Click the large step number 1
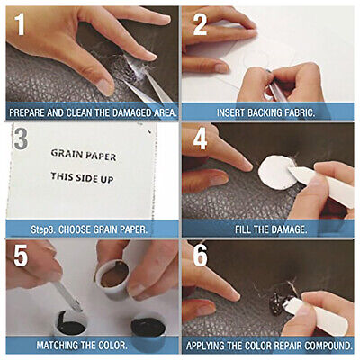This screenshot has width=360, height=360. (x=20, y=24)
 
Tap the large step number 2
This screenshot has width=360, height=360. (x=200, y=24)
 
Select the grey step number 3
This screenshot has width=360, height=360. (x=21, y=138)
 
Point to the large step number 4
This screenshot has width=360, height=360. (x=200, y=139)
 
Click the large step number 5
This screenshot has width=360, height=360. (x=21, y=256)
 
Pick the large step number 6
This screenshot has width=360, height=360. (x=200, y=256)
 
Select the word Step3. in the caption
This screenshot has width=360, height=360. (x=43, y=229)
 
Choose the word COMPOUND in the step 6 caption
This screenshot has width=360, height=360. (x=328, y=346)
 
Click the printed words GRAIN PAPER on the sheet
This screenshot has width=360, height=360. (x=84, y=155)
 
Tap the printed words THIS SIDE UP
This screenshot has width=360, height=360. (x=82, y=177)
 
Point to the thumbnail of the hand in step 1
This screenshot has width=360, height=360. (x=104, y=86)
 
